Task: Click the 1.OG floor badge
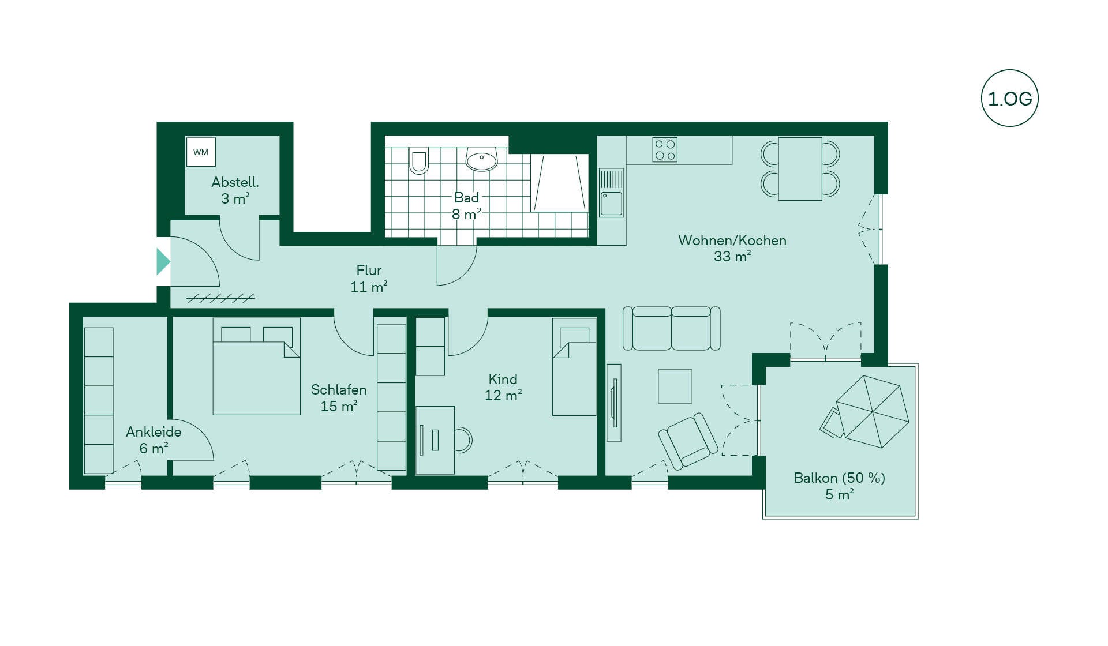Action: point(1009,98)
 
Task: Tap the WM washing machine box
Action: point(201,152)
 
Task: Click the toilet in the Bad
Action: point(419,160)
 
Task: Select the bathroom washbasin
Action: point(481,159)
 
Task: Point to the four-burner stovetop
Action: point(665,149)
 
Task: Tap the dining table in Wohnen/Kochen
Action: point(800,169)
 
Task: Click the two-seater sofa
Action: point(671,328)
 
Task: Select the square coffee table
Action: point(675,386)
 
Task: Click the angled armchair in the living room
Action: point(688,441)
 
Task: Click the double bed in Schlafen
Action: point(257,366)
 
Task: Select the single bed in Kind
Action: point(574,367)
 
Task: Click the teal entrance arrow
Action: point(163,261)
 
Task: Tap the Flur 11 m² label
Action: point(369,279)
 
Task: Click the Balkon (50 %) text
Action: point(839,478)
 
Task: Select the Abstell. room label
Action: point(235,182)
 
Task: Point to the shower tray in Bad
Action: point(559,183)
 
